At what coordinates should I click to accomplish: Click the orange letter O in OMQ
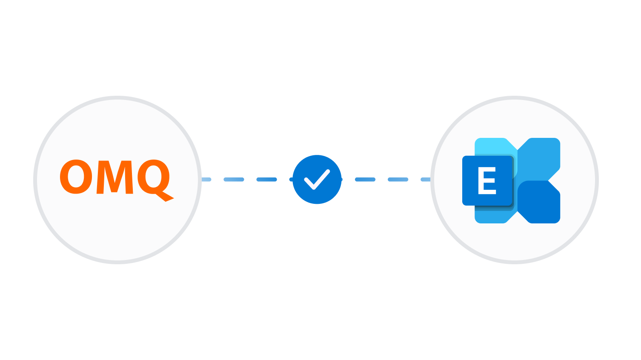(76, 177)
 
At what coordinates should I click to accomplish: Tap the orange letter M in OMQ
(115, 177)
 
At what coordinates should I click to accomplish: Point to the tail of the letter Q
(165, 197)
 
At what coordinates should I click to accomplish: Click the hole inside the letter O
(76, 177)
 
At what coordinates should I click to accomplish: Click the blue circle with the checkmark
(317, 180)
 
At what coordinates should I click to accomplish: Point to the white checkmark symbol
(317, 180)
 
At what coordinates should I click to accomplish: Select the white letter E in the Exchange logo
(487, 180)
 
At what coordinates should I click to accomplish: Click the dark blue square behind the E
(487, 180)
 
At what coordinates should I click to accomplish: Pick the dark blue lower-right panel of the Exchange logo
(539, 202)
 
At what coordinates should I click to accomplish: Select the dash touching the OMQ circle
(206, 180)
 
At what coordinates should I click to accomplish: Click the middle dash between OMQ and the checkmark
(234, 180)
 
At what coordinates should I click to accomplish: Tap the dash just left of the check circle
(267, 180)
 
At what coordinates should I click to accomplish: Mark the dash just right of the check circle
(365, 180)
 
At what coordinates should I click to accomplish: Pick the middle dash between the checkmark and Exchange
(398, 180)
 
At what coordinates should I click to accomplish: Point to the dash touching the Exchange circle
(426, 180)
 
